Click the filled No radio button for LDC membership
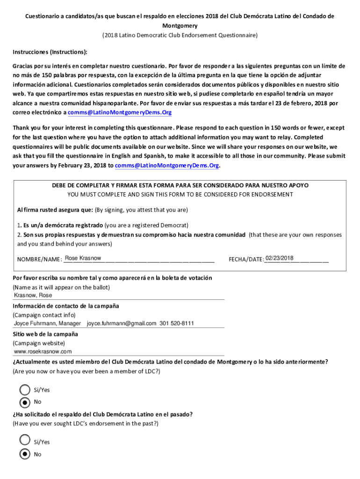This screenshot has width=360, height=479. [25, 402]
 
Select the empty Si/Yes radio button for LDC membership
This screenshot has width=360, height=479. [25, 390]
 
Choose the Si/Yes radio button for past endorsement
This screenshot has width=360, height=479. [25, 440]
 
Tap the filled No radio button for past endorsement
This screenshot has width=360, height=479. [25, 454]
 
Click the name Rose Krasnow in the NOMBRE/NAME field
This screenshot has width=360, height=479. [83, 258]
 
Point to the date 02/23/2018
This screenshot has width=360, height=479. [280, 258]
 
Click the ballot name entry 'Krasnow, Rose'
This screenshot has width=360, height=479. [33, 296]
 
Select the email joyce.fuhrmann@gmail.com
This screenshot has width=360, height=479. [122, 324]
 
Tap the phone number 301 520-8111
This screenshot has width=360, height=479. [177, 324]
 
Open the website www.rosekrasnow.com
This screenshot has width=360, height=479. [43, 352]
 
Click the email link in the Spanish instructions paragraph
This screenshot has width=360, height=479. [120, 113]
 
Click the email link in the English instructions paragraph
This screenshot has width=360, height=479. [167, 166]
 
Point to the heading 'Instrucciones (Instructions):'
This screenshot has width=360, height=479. [50, 52]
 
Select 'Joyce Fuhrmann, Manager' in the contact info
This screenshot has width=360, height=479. [47, 324]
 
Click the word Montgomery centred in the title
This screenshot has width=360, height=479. [180, 26]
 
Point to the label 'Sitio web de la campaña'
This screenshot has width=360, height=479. [45, 334]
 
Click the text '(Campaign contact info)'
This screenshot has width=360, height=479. [44, 315]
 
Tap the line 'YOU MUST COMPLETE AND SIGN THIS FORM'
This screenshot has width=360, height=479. [180, 195]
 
